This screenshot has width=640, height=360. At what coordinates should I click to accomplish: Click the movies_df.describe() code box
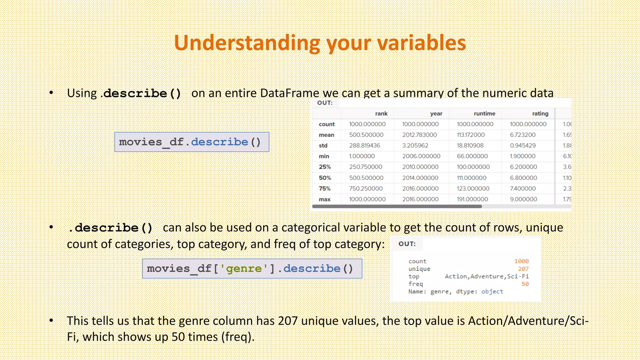pyautogui.click(x=192, y=142)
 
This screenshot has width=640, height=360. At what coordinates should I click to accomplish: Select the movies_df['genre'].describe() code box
pyautogui.click(x=252, y=269)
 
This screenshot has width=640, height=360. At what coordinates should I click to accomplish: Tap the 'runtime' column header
pyautogui.click(x=484, y=113)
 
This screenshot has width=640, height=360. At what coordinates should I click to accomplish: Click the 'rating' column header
pyautogui.click(x=540, y=113)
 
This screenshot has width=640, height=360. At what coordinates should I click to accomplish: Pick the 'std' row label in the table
pyautogui.click(x=323, y=146)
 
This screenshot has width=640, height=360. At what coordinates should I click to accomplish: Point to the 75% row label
pyautogui.click(x=325, y=188)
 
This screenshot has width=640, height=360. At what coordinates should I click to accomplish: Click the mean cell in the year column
pyautogui.click(x=419, y=135)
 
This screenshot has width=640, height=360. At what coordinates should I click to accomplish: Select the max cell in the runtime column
pyautogui.click(x=472, y=199)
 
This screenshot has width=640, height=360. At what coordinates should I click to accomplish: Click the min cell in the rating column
pyautogui.click(x=522, y=156)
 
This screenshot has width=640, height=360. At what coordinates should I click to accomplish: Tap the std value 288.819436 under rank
pyautogui.click(x=364, y=146)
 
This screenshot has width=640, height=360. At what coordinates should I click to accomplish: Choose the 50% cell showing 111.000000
pyautogui.click(x=472, y=178)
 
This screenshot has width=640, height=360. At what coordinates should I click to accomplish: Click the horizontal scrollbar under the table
pyautogui.click(x=397, y=207)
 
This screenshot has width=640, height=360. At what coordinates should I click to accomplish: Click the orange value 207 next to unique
pyautogui.click(x=523, y=269)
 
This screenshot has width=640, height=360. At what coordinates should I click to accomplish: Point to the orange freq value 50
pyautogui.click(x=525, y=284)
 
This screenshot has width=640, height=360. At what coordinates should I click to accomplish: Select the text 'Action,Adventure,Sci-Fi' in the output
pyautogui.click(x=487, y=276)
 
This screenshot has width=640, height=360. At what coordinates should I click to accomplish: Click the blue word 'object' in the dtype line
pyautogui.click(x=492, y=292)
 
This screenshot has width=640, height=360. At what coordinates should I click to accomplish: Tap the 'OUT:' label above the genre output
pyautogui.click(x=407, y=244)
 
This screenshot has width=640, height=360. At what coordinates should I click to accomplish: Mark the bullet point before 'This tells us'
pyautogui.click(x=51, y=321)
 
